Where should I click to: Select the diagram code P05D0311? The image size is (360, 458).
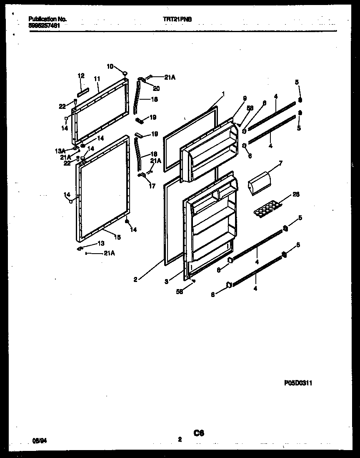(298, 383)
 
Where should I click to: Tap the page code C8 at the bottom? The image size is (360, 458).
(198, 433)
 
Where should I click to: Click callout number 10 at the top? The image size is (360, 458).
(110, 66)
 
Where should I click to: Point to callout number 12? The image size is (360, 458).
(81, 75)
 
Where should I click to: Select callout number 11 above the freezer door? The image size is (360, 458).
(97, 78)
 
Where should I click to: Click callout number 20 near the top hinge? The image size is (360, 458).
(156, 88)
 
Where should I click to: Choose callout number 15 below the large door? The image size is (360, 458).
(117, 237)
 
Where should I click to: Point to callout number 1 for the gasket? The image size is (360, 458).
(223, 94)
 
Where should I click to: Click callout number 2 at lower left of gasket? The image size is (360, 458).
(135, 279)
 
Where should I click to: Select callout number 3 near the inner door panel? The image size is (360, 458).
(166, 282)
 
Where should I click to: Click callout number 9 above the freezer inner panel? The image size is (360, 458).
(245, 98)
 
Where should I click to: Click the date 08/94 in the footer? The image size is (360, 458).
(38, 440)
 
